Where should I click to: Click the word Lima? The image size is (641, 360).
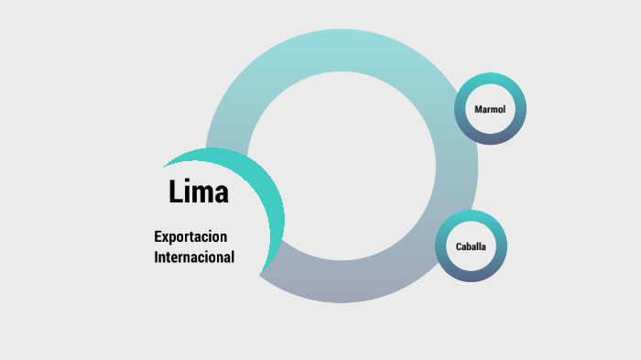[x=199, y=192]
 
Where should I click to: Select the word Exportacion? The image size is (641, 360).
[x=190, y=237]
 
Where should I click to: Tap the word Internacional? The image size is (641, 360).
[x=194, y=257]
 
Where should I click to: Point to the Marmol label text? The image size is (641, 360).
[x=489, y=110]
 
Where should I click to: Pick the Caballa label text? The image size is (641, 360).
[x=471, y=246]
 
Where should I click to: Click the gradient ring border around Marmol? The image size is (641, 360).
[x=490, y=79]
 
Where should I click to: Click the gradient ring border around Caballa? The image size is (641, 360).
[x=471, y=216]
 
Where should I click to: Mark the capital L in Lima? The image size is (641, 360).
[x=177, y=192]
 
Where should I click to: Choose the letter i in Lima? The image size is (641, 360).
[x=190, y=191]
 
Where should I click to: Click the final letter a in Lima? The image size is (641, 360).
[x=222, y=195]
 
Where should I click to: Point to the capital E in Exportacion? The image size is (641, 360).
[x=158, y=236]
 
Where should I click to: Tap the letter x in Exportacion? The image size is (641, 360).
[x=167, y=237]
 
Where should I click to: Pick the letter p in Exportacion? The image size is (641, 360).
[x=175, y=239]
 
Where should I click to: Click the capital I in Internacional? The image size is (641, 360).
[x=157, y=257]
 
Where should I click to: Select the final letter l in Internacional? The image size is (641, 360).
[x=233, y=257]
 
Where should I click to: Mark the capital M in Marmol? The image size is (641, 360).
[x=477, y=110]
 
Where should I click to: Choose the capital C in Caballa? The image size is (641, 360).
[x=459, y=246]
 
